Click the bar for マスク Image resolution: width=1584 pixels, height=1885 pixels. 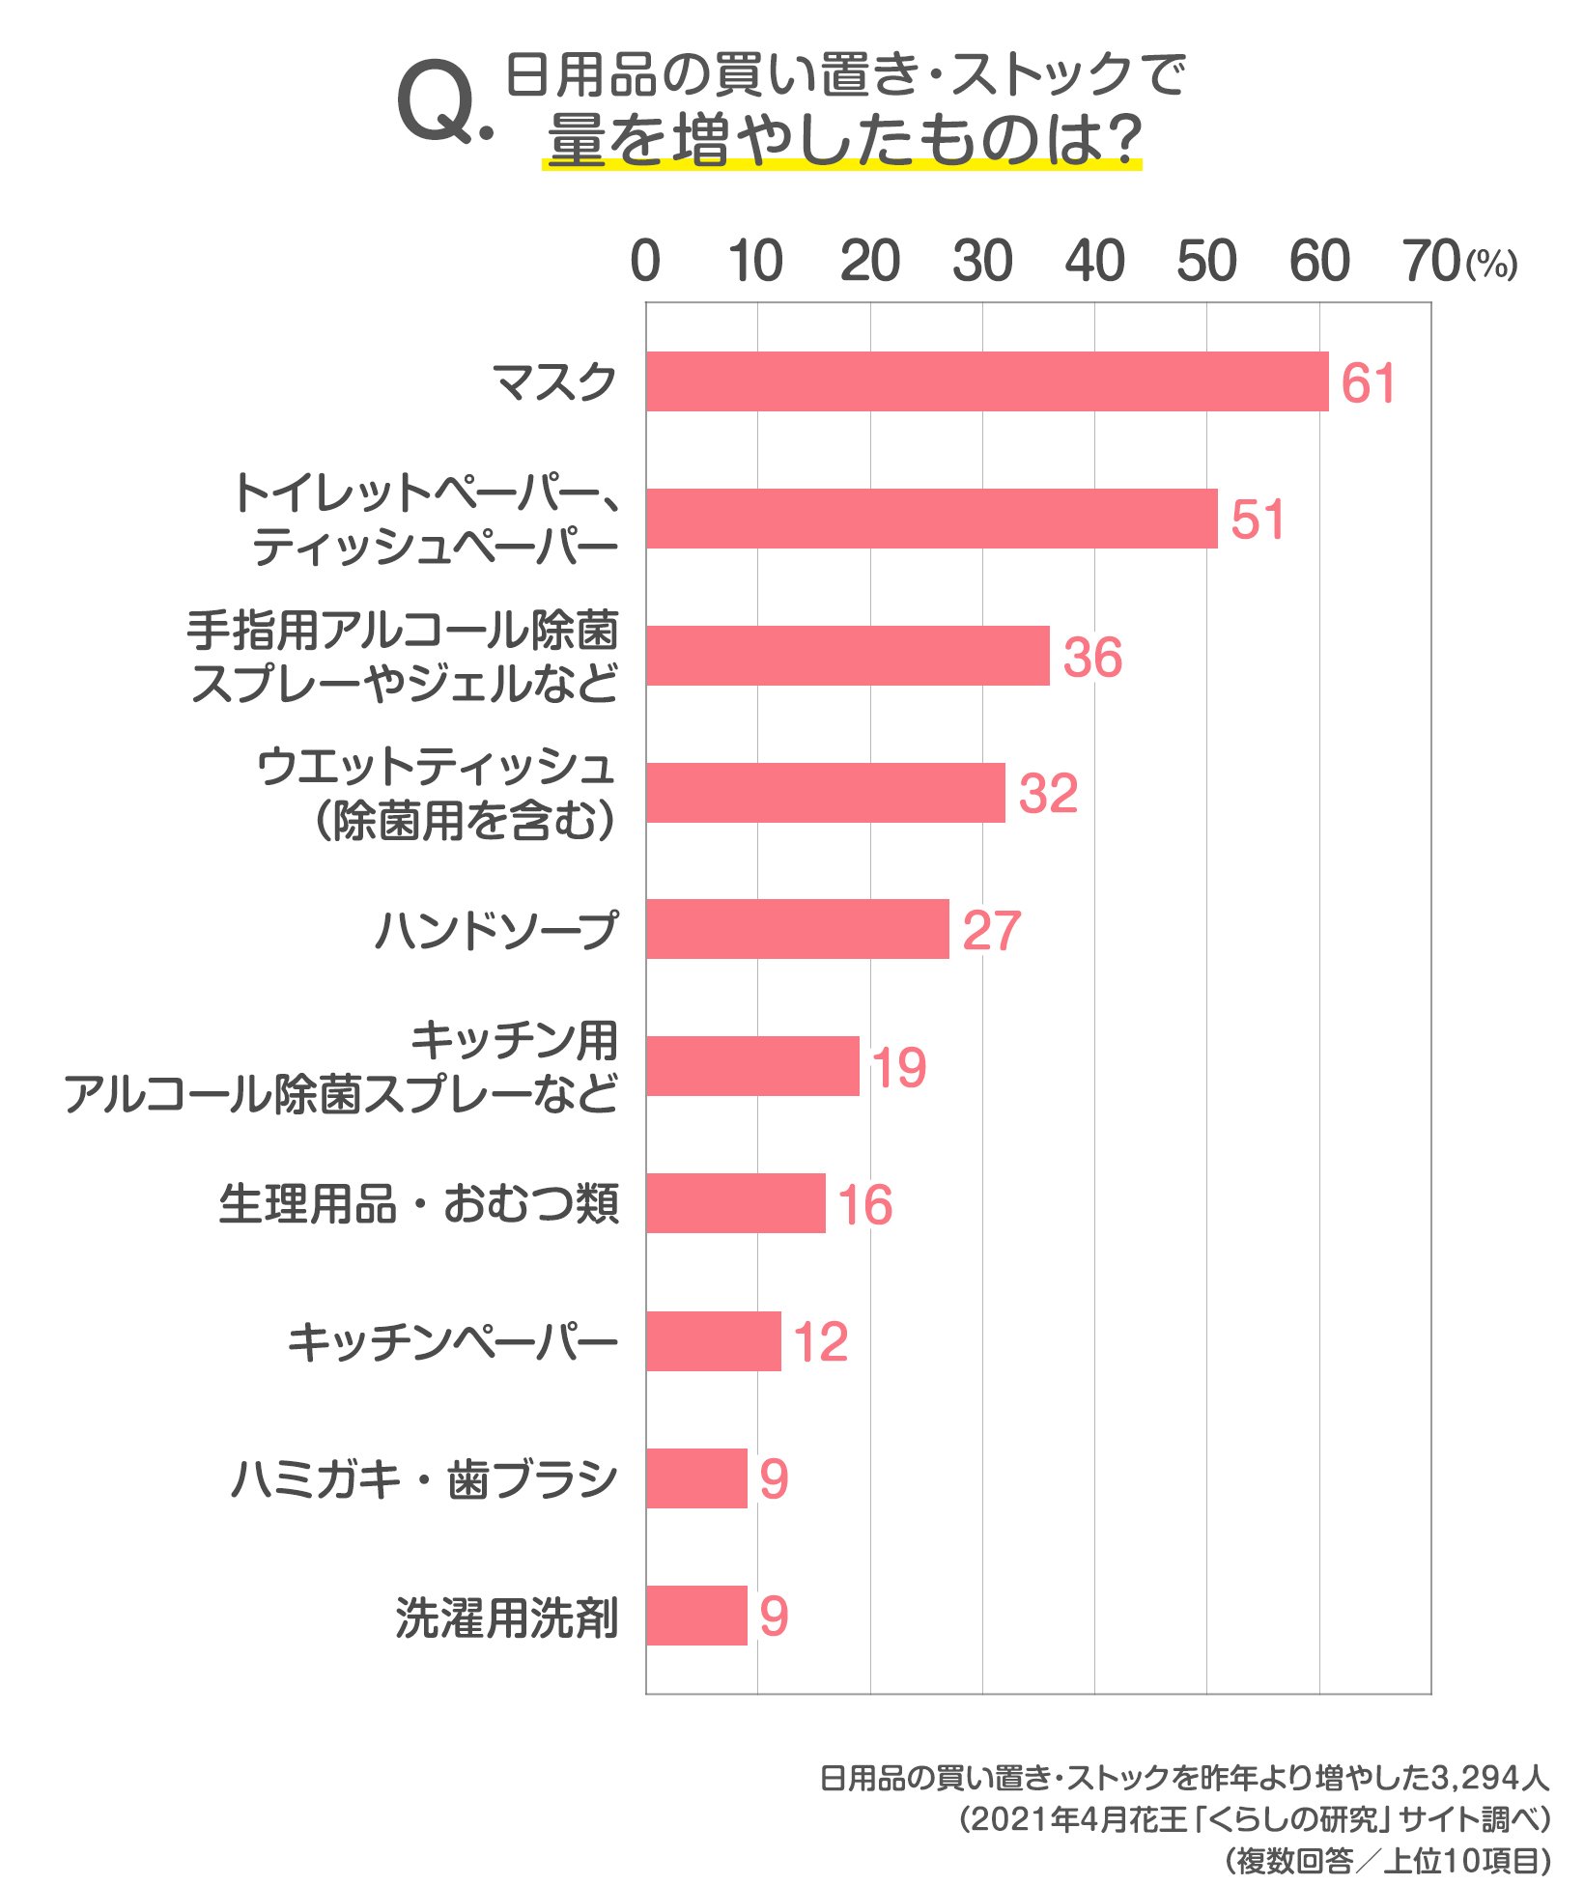986,381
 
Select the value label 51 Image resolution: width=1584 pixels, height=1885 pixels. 1257,520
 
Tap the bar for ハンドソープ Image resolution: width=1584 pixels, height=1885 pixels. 797,929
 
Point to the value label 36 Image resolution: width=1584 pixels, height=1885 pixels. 1092,658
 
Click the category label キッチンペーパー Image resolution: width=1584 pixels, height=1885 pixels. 452,1342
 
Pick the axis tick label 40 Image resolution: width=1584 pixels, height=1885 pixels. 1094,262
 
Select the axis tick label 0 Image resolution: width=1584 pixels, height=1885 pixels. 645,262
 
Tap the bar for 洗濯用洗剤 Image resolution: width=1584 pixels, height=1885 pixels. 696,1616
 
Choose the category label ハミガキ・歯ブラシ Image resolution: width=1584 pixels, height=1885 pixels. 423,1478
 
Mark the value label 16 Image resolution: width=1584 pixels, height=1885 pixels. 864,1205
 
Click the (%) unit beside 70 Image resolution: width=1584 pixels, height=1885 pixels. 1491,265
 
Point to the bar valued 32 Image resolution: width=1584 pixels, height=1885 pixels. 825,793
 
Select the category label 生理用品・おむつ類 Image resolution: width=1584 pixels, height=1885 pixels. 418,1204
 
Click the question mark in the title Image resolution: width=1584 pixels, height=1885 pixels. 1122,138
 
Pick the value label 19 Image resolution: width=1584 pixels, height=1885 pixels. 898,1068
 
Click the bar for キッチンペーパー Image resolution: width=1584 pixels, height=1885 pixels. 713,1341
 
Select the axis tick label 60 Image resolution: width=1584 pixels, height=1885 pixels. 1319,262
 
